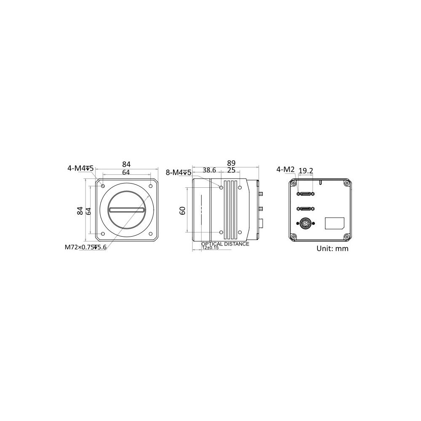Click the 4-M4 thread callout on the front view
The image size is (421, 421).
(80, 168)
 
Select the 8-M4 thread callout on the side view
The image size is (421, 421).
(179, 172)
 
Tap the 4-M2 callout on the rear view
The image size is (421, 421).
(285, 169)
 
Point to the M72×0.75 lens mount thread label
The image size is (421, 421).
(85, 247)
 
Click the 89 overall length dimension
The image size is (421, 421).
(231, 163)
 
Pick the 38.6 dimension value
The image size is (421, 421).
(209, 170)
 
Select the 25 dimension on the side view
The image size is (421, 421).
(231, 170)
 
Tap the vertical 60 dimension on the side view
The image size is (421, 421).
(182, 210)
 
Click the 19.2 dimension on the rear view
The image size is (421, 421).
(306, 171)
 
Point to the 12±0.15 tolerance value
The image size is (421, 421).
(210, 248)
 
